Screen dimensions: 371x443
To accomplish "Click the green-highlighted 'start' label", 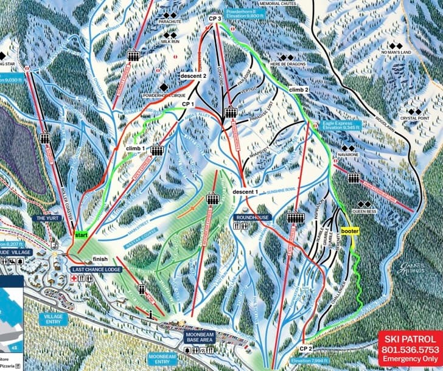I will [82, 232].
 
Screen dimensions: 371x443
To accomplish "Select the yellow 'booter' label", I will [350, 231].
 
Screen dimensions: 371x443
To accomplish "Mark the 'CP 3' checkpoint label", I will [215, 19].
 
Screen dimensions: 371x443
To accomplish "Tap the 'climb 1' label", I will [135, 148].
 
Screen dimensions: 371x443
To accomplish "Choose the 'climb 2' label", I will [299, 89].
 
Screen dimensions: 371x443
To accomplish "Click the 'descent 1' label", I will [245, 192].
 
